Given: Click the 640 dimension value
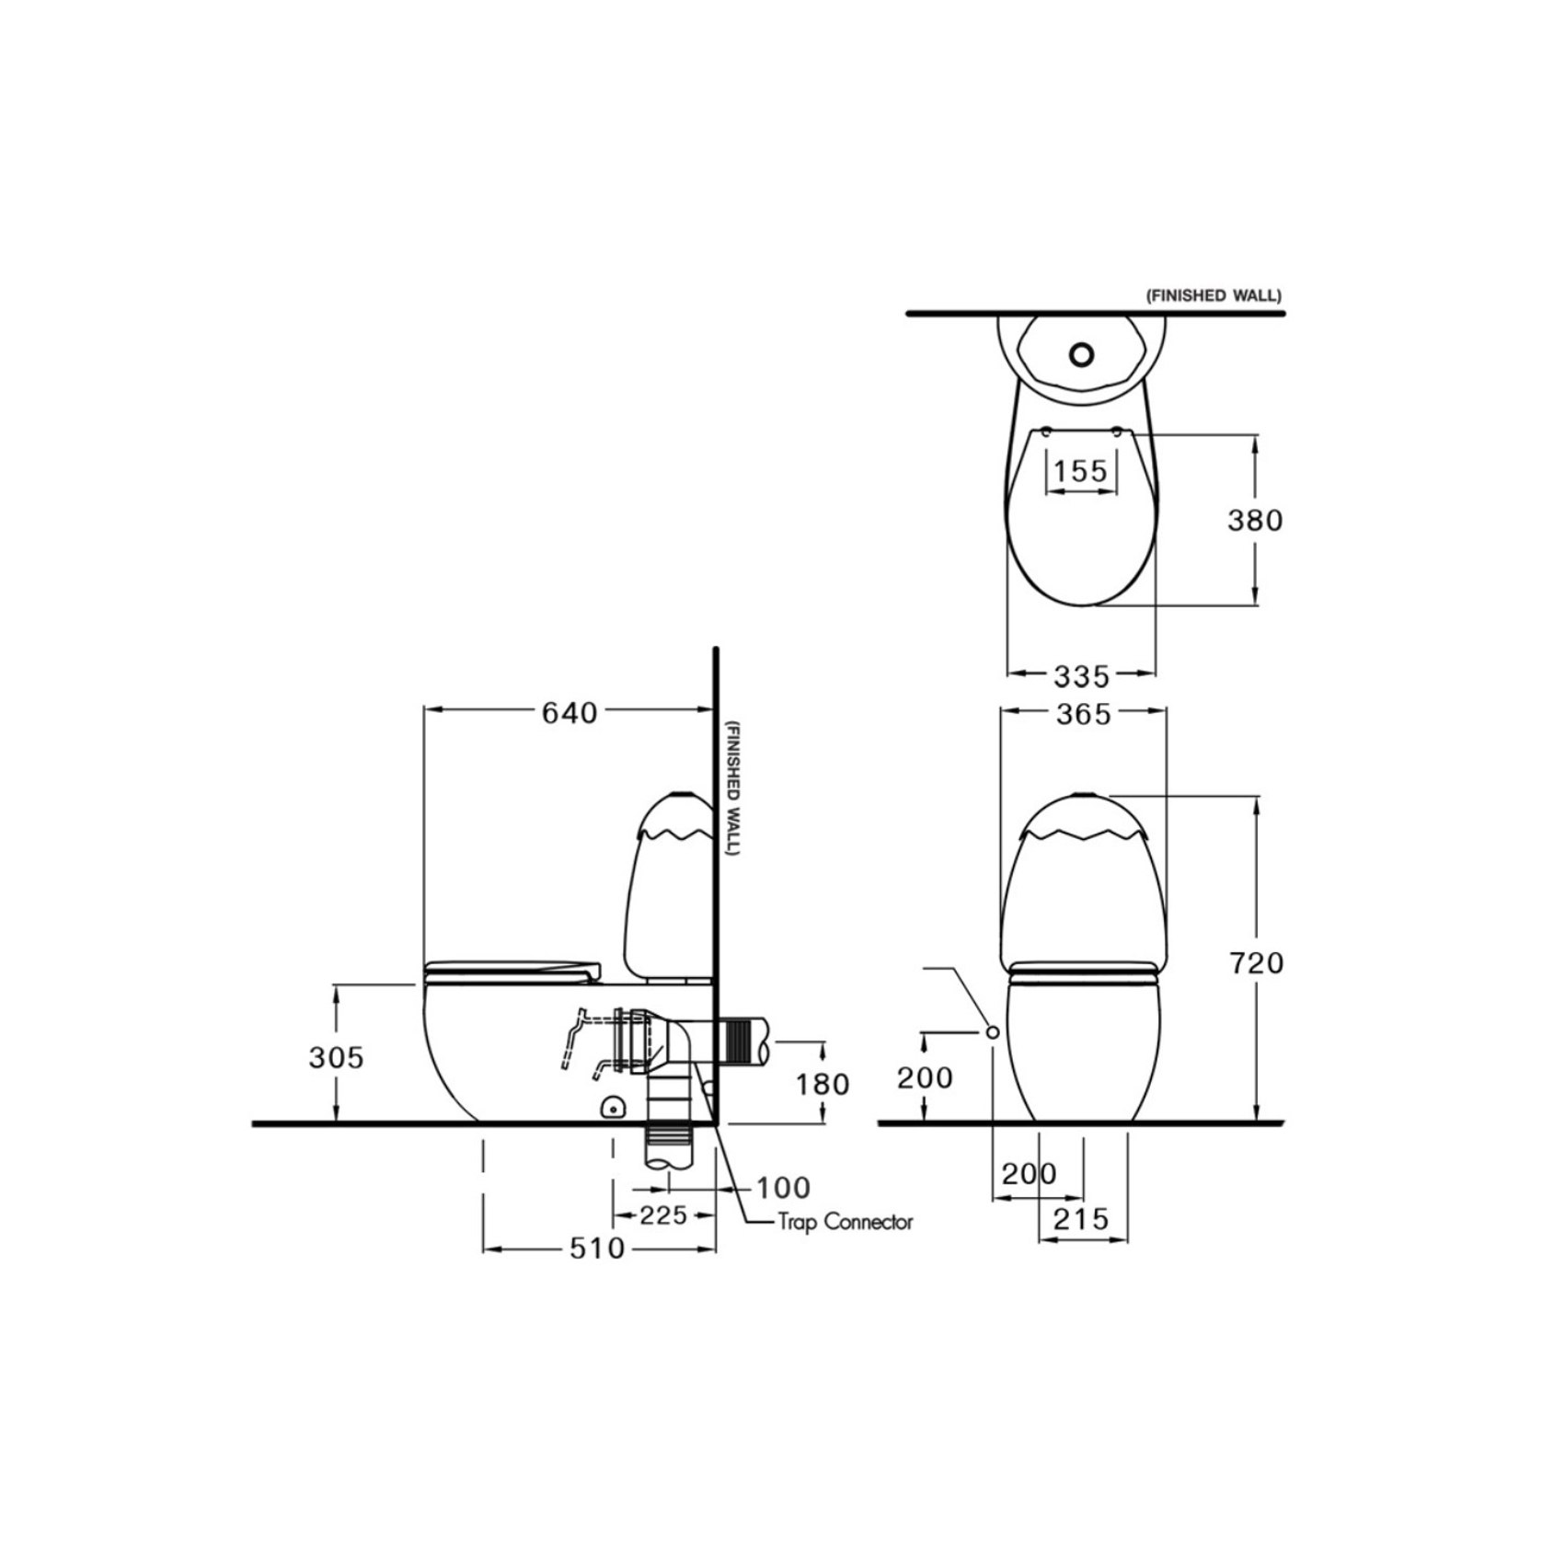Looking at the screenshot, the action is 569,713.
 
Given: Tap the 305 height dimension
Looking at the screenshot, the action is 337,1057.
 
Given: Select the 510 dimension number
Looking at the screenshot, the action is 597,1249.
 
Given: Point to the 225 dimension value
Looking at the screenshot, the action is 663,1215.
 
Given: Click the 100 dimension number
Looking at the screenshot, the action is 783,1187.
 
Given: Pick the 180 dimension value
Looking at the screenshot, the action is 823,1085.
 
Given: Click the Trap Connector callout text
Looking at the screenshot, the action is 845,1222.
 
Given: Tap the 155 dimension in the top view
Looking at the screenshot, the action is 1080,471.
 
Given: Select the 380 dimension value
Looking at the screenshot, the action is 1255,521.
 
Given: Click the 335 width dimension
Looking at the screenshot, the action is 1082,677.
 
